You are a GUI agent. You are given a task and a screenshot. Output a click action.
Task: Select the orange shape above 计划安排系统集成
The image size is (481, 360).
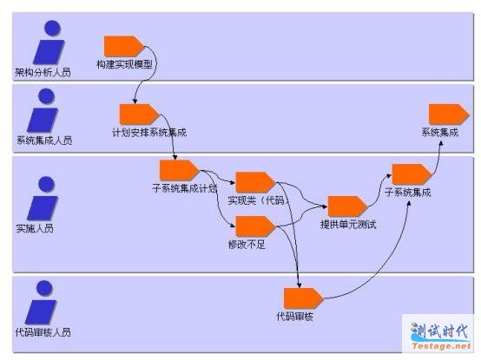tap(139, 115)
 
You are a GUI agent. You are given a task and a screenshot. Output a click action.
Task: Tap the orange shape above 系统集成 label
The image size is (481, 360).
tap(449, 115)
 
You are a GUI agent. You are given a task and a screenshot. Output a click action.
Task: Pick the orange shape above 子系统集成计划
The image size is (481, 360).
tap(180, 170)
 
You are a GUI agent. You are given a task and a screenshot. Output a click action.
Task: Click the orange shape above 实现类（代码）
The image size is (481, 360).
tap(255, 183)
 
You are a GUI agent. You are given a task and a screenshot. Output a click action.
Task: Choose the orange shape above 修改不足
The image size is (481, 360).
tap(255, 226)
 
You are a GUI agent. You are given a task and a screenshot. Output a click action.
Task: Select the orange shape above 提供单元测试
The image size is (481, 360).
tap(347, 206)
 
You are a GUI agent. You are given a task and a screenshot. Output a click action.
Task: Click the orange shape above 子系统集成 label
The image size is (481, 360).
tap(412, 174)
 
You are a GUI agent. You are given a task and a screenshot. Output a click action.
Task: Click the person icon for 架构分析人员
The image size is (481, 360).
tap(49, 43)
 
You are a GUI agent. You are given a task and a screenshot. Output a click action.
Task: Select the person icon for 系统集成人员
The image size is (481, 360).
tap(43, 110)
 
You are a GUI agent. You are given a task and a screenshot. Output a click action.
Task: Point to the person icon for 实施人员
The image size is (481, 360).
tap(43, 199)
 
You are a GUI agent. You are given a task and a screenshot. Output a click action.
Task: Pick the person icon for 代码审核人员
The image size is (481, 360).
tap(41, 303)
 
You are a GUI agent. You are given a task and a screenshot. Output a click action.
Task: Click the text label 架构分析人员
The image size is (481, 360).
tap(43, 72)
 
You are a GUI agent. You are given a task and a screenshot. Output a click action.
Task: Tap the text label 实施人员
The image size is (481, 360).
tap(35, 228)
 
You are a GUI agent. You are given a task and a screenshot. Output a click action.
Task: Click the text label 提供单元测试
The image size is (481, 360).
tap(348, 225)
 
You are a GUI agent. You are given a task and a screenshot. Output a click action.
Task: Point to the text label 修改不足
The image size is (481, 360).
tap(247, 245)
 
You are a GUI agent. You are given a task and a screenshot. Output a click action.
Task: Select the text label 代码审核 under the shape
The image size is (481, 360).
tap(295, 316)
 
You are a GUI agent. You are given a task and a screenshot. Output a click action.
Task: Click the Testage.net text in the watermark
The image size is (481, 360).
tap(441, 346)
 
